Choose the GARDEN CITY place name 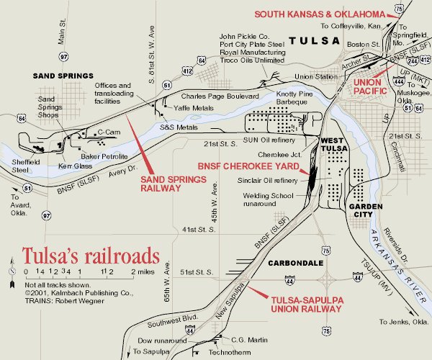(x=364, y=208)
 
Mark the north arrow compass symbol (x=11, y=271)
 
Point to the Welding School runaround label (x=272, y=199)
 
